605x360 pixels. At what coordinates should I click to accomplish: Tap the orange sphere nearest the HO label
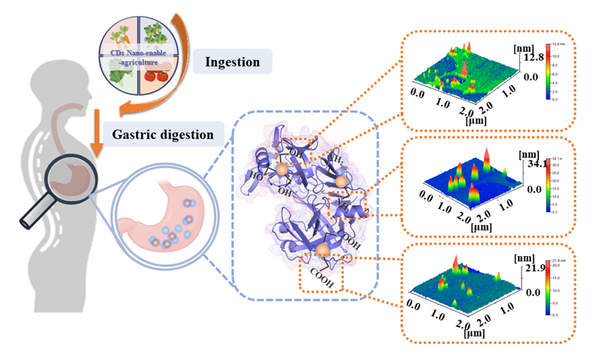[282, 169]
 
